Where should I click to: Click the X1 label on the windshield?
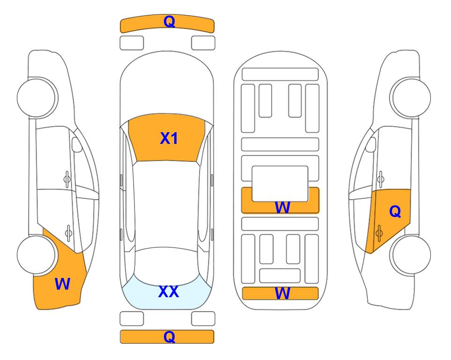169,138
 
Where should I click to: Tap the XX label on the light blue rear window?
169,292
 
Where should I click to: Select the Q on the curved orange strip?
169,22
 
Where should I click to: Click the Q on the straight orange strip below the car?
169,337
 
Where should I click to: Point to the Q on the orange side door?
395,211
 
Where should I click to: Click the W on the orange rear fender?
62,284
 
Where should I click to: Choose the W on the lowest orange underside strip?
282,293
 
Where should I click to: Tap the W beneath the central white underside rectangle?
282,207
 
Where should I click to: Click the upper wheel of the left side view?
37,97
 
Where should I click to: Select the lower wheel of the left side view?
37,255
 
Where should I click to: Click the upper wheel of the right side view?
410,97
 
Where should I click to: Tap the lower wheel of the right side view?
410,255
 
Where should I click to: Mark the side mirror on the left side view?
77,144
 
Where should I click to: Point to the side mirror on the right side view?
370,144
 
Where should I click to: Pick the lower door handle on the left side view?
68,232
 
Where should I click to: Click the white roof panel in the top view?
167,205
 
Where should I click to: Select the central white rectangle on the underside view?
280,184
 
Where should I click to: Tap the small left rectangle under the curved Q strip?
132,43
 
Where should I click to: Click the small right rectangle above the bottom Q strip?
203,319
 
